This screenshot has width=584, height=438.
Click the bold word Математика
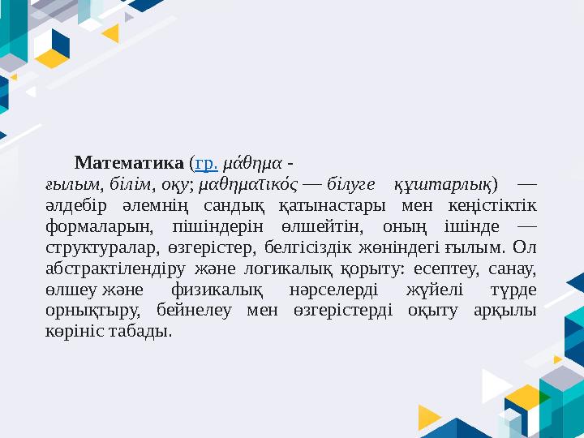pos(129,161)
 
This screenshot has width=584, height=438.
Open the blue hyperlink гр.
pos(205,161)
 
